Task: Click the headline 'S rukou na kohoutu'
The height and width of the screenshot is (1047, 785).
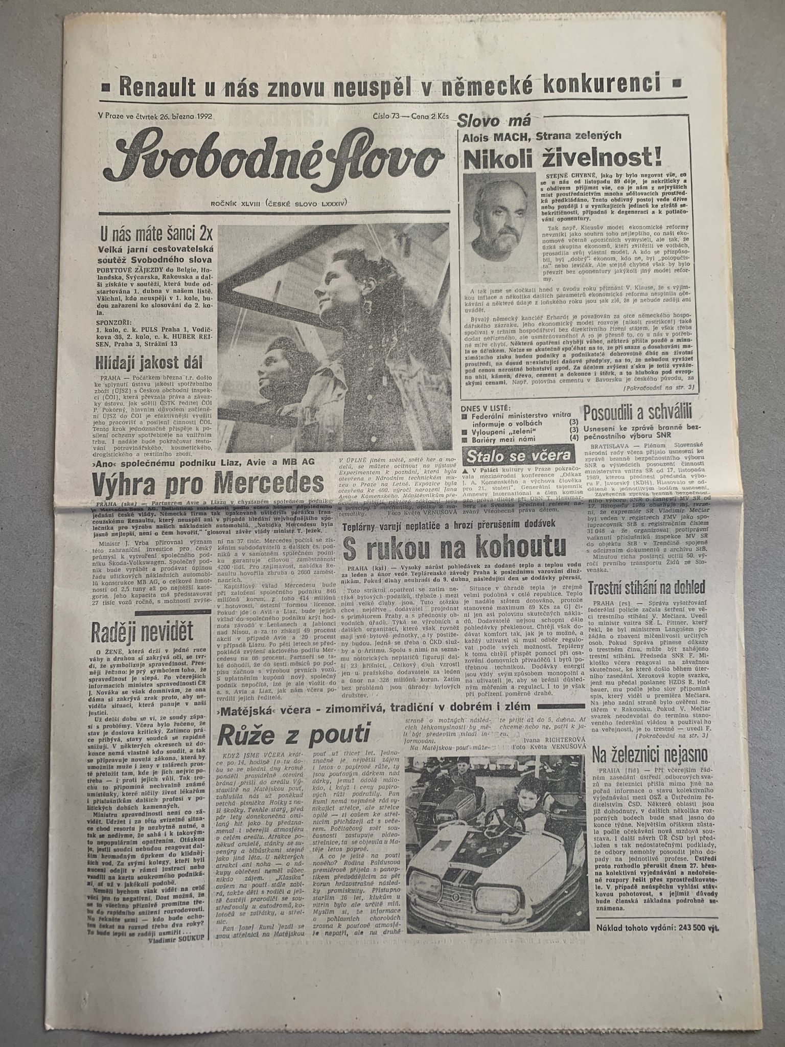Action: coord(455,549)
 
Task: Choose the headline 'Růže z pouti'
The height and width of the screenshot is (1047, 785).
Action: coord(293,735)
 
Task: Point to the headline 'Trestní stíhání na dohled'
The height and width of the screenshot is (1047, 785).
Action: coord(647,587)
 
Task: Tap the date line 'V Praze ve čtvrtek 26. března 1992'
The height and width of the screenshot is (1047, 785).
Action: coord(155,116)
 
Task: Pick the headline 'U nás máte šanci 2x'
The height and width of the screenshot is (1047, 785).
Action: coord(155,237)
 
